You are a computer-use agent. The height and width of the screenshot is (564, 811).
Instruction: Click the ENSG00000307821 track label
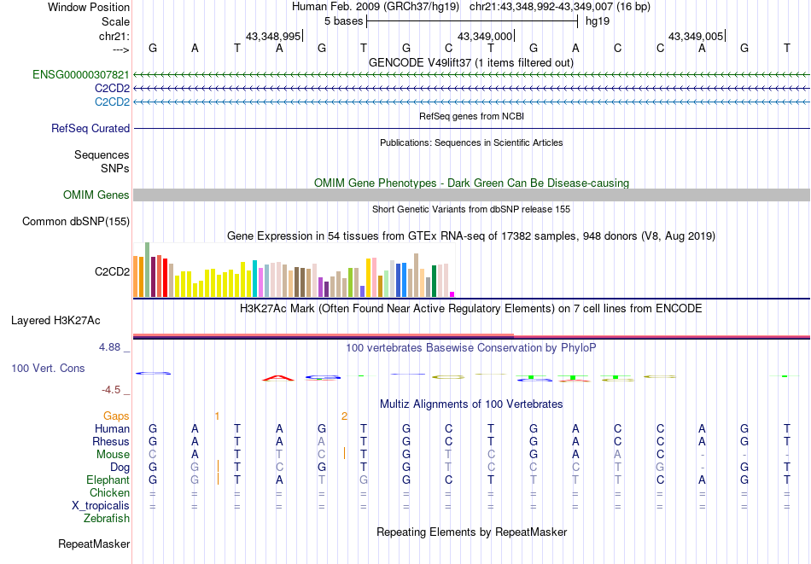click(81, 75)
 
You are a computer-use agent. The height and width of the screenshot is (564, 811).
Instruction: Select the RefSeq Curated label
click(90, 129)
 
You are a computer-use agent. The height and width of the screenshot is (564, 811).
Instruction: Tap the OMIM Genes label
click(96, 195)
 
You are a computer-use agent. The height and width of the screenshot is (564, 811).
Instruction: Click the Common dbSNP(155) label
click(76, 222)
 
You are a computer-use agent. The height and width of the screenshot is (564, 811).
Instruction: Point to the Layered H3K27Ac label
click(55, 321)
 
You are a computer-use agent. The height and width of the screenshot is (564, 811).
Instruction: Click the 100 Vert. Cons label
click(48, 369)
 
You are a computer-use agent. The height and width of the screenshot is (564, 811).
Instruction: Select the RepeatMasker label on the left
click(94, 544)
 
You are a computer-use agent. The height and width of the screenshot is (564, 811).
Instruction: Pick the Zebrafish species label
click(107, 518)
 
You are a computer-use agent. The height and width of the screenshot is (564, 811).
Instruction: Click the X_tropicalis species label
click(101, 505)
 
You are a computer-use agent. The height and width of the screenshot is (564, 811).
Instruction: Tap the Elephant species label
click(108, 480)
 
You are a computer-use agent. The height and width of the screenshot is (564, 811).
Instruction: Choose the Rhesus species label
click(111, 442)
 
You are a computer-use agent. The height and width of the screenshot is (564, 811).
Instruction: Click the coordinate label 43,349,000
click(485, 37)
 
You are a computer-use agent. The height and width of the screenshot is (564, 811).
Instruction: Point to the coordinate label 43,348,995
click(273, 37)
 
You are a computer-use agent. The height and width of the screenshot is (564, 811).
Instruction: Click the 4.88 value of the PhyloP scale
click(110, 347)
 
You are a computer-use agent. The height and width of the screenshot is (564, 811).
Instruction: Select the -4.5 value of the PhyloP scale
click(112, 390)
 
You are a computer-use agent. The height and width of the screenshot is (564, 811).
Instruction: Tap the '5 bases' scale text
click(343, 20)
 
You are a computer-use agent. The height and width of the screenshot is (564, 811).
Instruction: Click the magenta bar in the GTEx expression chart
click(452, 294)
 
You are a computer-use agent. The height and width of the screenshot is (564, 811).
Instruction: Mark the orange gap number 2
click(344, 416)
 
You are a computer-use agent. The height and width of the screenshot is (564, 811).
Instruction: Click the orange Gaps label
click(116, 416)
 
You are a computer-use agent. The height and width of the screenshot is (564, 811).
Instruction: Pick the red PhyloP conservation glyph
click(278, 377)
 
